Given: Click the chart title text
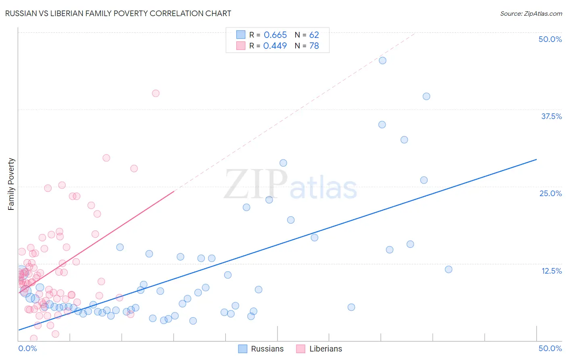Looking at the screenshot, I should [x=118, y=13].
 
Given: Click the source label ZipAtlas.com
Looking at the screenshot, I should [x=531, y=13].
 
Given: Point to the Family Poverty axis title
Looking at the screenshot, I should [x=11, y=184].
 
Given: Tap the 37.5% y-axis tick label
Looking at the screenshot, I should [x=551, y=116].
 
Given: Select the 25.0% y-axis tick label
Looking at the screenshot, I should [x=550, y=193].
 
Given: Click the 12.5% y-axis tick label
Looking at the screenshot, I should [x=551, y=271].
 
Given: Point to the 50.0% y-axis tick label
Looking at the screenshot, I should [x=550, y=39].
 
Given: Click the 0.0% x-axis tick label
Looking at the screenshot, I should [x=27, y=348].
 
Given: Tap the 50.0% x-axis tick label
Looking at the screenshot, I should [x=550, y=348].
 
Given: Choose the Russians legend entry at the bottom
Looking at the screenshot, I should [x=261, y=349].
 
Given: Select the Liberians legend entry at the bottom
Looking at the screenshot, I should [x=319, y=349].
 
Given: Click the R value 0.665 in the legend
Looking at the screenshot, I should [x=275, y=35].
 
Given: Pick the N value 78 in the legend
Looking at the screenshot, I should [x=314, y=46].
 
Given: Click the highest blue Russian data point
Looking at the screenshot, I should [x=383, y=61].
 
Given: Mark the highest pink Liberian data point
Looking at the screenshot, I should [x=156, y=93].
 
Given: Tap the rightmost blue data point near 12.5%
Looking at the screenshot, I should [x=448, y=269].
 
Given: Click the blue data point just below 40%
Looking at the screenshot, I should [x=426, y=96].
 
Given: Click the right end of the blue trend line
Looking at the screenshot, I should [x=536, y=159].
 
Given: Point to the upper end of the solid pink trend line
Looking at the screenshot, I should [x=174, y=191].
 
